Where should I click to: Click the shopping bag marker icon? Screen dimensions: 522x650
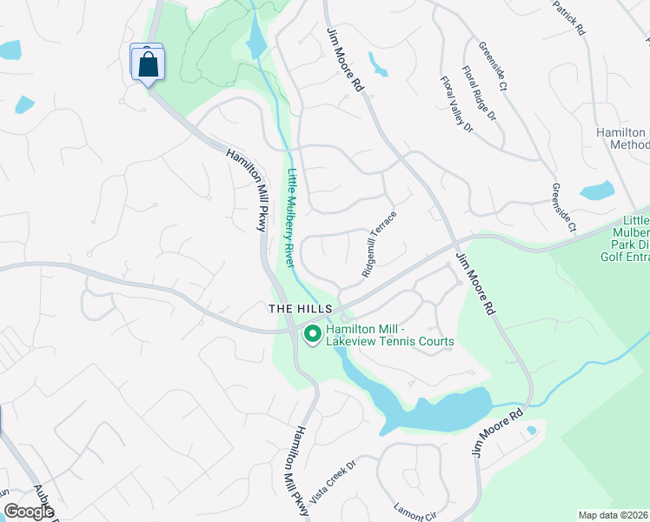pyautogui.click(x=148, y=64)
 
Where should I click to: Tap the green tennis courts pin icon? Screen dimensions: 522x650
pyautogui.click(x=312, y=334)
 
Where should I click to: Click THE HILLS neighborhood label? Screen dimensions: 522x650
pyautogui.click(x=300, y=309)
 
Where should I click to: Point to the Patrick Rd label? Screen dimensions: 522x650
pyautogui.click(x=568, y=17)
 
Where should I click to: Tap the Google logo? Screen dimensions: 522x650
pyautogui.click(x=29, y=512)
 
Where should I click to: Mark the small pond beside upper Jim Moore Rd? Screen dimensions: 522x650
pyautogui.click(x=378, y=64)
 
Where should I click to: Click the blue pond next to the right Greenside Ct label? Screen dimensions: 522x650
pyautogui.click(x=597, y=190)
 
